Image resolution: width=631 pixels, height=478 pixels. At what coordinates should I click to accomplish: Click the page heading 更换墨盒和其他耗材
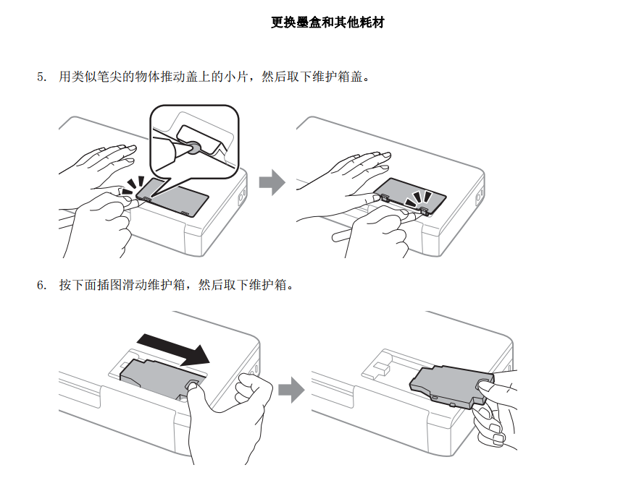pos(327,22)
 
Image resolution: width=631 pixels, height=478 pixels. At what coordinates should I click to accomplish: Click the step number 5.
pos(42,77)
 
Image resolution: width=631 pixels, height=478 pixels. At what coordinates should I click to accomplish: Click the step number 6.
pos(42,285)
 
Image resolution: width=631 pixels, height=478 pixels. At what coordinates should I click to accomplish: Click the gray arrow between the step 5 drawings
pos(272,182)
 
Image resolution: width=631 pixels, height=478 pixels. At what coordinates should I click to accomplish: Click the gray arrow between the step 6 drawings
pos(291,389)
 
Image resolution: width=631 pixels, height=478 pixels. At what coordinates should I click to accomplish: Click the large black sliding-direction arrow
pos(173,349)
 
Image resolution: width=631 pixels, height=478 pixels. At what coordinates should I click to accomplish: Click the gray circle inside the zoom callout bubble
pos(194,148)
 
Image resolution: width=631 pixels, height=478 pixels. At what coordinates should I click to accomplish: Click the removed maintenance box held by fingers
pos(451,386)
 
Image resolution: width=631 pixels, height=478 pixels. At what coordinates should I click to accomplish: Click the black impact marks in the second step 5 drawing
pos(418,198)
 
